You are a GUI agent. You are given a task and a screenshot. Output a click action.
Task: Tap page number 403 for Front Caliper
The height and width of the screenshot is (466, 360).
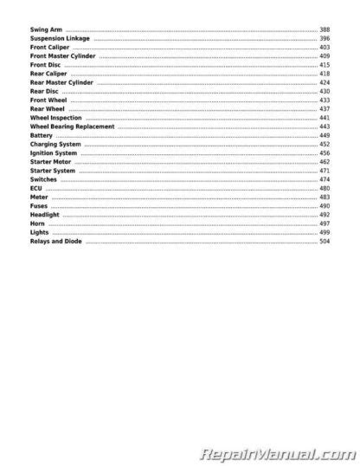pos(325,48)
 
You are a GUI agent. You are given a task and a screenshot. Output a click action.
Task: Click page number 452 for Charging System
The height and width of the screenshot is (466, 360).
pos(325,145)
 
